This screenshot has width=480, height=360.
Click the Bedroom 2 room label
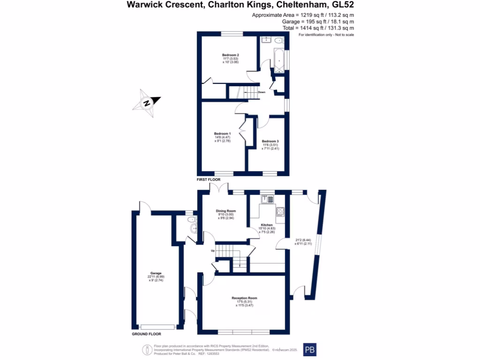(x=231, y=55)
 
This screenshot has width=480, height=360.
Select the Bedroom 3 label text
(x=270, y=142)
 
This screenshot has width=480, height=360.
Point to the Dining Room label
(x=225, y=211)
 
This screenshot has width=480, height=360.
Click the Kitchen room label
(x=267, y=225)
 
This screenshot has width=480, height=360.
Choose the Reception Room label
(x=244, y=298)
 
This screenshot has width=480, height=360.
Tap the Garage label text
(x=156, y=273)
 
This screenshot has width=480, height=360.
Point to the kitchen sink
(x=267, y=199)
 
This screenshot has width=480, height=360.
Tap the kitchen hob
(x=280, y=212)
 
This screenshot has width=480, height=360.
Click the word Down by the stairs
(x=262, y=92)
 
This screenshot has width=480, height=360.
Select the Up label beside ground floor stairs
(x=212, y=251)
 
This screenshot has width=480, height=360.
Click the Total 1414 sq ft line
(x=318, y=28)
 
